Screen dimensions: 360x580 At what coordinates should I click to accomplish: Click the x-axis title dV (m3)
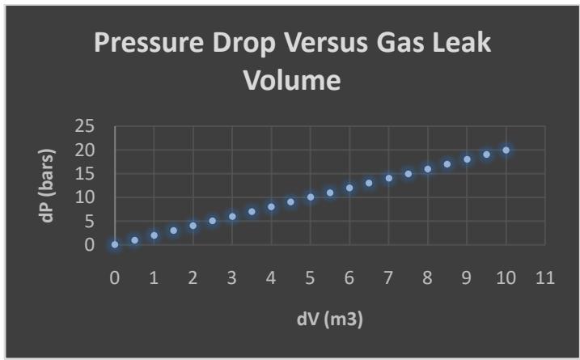tap(329, 320)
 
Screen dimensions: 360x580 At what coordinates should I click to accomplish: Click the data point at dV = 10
tap(506, 150)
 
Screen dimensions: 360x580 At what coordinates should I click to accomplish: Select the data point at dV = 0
tap(115, 244)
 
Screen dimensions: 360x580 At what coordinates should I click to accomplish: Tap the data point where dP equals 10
tap(311, 197)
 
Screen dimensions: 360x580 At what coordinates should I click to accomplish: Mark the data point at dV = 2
tap(193, 226)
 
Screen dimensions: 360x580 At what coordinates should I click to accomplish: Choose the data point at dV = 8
tap(428, 169)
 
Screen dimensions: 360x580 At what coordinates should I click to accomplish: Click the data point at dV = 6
tap(349, 188)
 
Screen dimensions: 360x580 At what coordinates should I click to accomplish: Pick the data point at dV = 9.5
tap(486, 155)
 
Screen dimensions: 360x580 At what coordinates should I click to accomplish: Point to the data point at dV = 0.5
tap(134, 239)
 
